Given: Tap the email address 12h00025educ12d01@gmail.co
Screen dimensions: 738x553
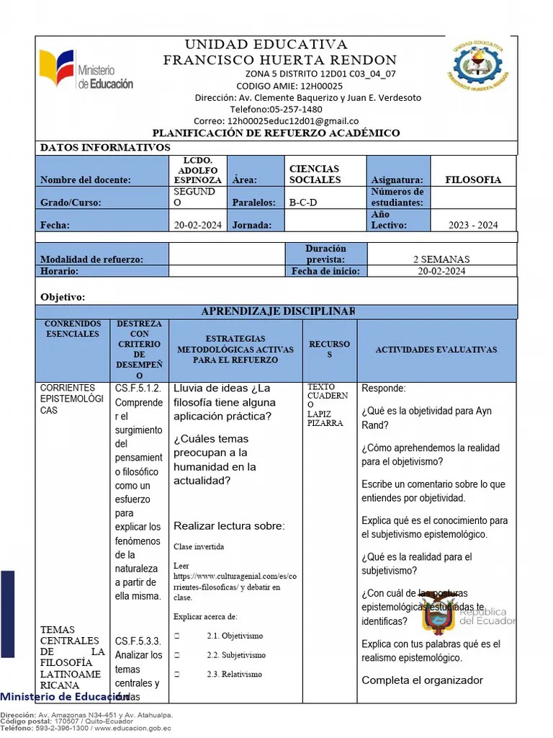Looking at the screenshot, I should tap(292, 121).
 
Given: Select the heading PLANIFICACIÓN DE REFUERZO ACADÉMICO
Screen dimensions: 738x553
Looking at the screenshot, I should tap(276, 133).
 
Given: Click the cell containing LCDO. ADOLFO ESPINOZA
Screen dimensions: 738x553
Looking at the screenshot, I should tap(198, 170).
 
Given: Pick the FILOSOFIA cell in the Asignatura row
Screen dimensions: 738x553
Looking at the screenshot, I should tap(472, 180).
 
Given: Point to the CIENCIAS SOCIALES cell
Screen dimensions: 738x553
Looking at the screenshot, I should tap(315, 174).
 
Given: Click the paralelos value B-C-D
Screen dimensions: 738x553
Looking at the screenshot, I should tap(303, 203).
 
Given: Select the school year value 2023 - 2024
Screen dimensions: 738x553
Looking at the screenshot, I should tap(472, 225).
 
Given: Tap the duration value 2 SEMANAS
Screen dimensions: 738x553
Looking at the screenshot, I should tap(441, 259).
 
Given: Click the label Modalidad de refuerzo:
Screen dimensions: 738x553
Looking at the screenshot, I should tap(91, 259).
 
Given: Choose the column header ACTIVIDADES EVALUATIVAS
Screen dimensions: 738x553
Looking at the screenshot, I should tap(436, 350).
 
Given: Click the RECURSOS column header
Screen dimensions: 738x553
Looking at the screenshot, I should tap(329, 350).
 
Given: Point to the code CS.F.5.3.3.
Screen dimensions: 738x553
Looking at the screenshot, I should tap(138, 641).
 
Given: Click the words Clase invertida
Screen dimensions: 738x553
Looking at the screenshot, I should tap(198, 547).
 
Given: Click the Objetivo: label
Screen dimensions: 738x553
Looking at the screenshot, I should tap(63, 297).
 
